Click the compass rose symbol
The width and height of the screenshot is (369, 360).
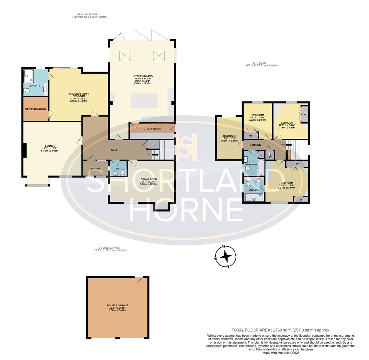(x=226, y=257)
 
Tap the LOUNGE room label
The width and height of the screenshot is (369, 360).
(x=50, y=146)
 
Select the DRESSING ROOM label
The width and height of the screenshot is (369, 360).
(x=35, y=109)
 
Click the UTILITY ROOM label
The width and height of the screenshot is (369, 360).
(x=152, y=129)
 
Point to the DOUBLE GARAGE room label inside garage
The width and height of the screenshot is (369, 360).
(x=117, y=305)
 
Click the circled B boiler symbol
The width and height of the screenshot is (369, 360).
(x=270, y=155)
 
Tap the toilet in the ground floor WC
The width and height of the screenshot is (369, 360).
(x=122, y=172)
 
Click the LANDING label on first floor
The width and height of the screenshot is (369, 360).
(x=255, y=145)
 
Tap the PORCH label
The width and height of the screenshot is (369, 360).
(x=95, y=169)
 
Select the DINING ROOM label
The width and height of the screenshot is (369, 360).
(x=148, y=179)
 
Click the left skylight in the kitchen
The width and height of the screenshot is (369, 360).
(x=125, y=56)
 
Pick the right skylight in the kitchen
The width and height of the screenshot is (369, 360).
(x=159, y=56)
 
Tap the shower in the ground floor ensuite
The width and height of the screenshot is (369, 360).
(x=28, y=76)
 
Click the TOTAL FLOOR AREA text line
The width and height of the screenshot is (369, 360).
(x=281, y=330)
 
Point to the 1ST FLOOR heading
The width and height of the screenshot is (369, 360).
(x=259, y=63)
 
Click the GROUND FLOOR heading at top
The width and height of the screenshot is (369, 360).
(x=87, y=14)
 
